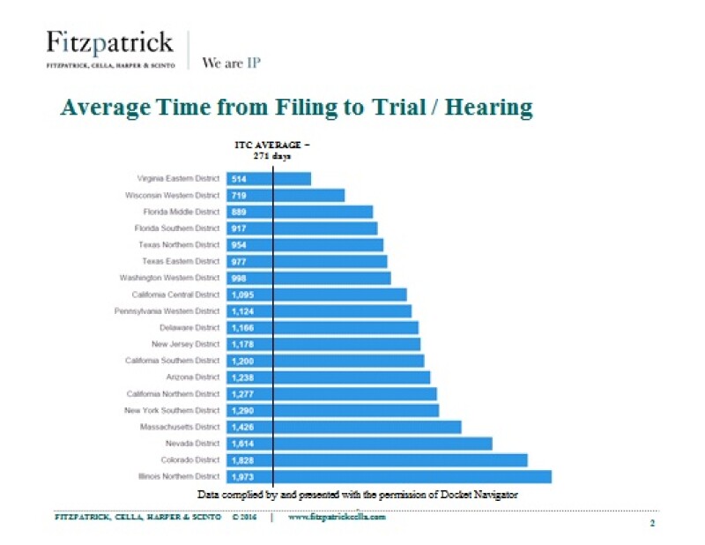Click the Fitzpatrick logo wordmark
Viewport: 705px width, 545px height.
[x=109, y=42]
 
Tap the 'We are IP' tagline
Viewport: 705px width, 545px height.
[x=231, y=63]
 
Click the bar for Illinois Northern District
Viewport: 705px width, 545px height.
[x=389, y=477]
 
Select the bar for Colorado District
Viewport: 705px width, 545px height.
[x=376, y=460]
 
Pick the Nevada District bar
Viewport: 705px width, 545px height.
[x=359, y=444]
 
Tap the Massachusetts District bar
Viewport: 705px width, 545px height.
[x=344, y=427]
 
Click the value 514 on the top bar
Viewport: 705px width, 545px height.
[x=238, y=179]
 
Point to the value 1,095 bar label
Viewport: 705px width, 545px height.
[x=242, y=295]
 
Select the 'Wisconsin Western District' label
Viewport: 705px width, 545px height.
[x=172, y=195]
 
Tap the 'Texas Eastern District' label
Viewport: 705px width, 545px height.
[x=181, y=261]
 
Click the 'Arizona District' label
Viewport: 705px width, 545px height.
[x=193, y=377]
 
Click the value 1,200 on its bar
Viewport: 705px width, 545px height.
[x=242, y=361]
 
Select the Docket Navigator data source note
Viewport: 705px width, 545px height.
[x=357, y=495]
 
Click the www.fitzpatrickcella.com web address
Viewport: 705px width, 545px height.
[x=338, y=518]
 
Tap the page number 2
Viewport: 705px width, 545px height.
[x=652, y=524]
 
